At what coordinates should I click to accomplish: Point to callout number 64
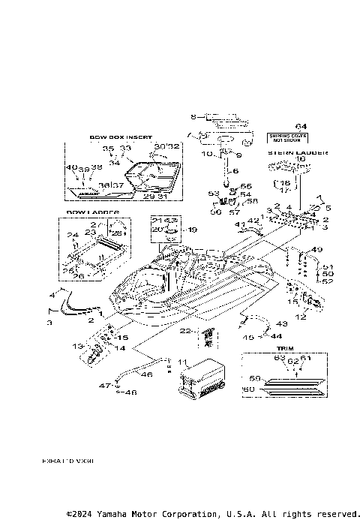coord(301,125)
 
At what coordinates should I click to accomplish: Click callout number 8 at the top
coord(193,116)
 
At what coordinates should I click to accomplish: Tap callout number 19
coord(192,230)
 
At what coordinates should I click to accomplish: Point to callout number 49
coord(318,250)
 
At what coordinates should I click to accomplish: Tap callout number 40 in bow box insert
coord(70,167)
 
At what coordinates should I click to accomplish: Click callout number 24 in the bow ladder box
coord(73,235)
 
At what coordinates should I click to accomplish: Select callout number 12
coord(301,317)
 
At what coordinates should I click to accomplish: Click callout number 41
coord(239,224)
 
